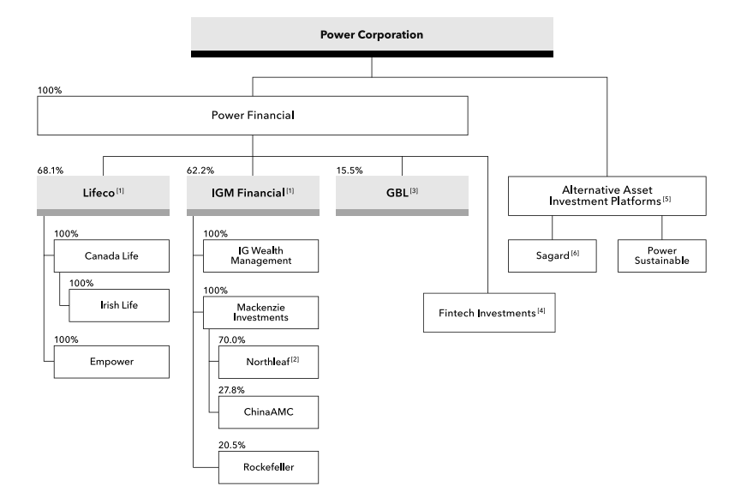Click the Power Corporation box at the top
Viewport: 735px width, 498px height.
[x=372, y=36]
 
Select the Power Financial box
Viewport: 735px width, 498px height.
[x=252, y=116]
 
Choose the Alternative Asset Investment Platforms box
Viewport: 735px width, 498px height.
[x=607, y=195]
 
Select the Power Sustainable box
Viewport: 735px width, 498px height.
[x=662, y=255]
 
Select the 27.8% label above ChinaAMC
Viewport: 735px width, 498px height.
[x=231, y=389]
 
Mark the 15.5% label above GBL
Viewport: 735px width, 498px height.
[x=348, y=171]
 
